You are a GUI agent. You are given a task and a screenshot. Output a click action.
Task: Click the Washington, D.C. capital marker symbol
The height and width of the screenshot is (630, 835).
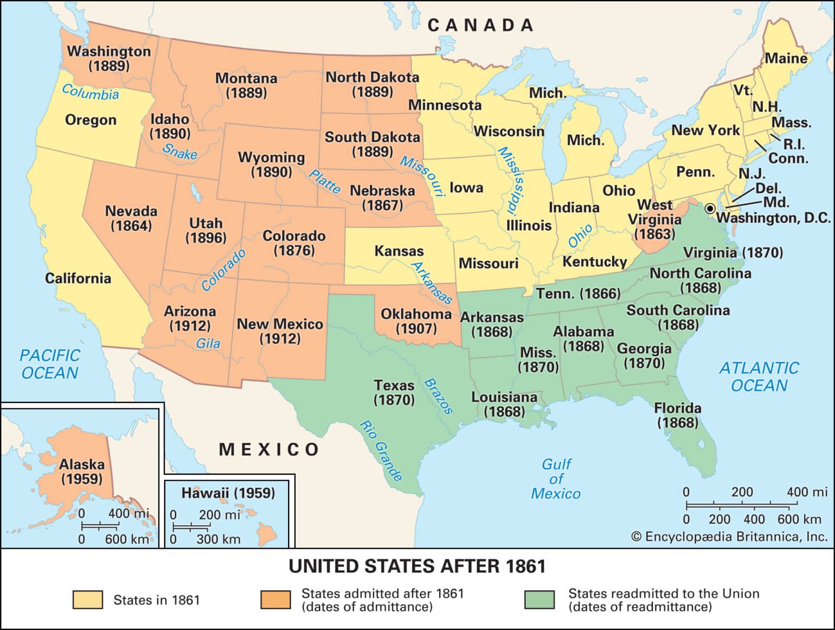coord(710,209)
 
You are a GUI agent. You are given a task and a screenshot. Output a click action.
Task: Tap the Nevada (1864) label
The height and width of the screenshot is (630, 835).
coord(131,218)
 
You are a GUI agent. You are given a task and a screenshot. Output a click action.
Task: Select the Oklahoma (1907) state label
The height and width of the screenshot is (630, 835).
coord(416,321)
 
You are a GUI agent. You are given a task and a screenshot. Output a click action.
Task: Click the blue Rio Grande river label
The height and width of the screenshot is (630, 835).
coord(381,451)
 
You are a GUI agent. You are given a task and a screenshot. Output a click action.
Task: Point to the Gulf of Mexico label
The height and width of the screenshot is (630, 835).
coord(556,479)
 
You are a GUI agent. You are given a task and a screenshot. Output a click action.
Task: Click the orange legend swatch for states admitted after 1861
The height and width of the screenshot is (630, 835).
coord(275,600)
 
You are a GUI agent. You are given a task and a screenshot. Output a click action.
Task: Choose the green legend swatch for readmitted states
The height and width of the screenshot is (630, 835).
coord(540,600)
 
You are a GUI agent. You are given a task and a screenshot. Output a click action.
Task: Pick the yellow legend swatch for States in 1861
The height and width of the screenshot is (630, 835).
coord(88,600)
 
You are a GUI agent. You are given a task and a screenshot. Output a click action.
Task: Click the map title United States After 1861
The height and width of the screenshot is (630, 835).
coord(417,566)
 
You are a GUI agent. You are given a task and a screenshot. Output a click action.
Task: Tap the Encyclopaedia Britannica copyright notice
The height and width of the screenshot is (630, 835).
coord(729,537)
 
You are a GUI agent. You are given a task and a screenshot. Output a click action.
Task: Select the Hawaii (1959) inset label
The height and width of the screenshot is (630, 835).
coord(228,493)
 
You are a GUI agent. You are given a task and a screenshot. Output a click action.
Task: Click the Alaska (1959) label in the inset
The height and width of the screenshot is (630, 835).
coord(82,471)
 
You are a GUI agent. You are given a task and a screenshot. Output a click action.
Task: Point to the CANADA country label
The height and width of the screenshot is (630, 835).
coord(481,26)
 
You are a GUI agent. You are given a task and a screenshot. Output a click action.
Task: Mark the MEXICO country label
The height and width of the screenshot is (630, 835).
coord(269,450)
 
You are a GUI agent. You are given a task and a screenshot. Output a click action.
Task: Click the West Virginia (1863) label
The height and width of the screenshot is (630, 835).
coord(655,219)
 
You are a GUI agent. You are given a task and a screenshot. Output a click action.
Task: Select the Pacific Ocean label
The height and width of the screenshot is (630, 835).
coord(49,364)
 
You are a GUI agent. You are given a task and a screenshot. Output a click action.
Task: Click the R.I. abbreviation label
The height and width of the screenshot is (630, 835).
coord(794,144)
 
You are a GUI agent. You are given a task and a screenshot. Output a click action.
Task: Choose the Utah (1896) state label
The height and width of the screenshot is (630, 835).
coord(205,230)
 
